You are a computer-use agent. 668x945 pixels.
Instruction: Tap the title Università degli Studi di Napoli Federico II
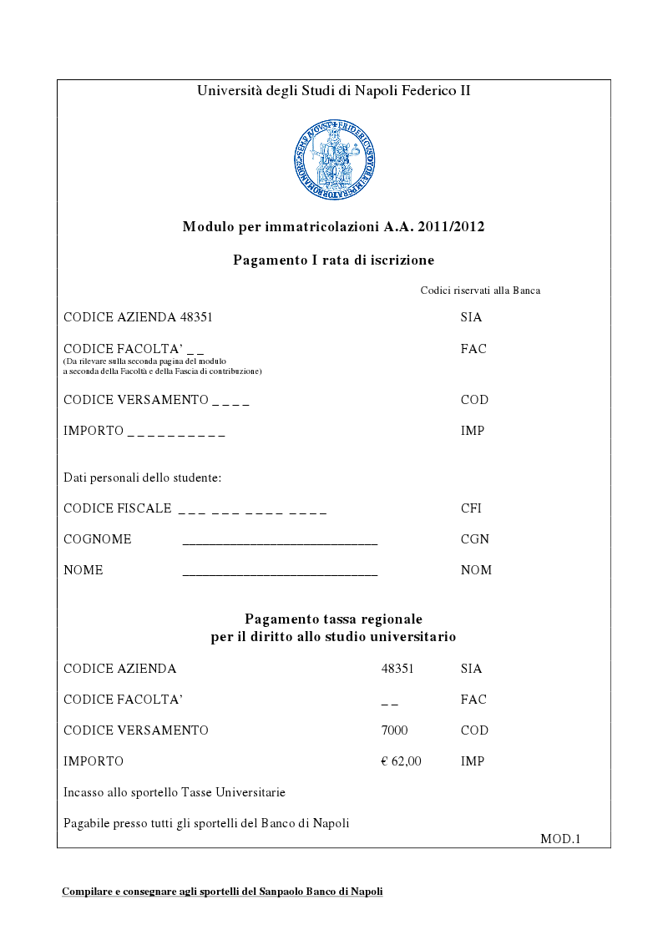point(333,90)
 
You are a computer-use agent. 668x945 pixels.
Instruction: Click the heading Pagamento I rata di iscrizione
point(333,260)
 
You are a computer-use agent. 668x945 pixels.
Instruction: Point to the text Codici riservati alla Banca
point(480,291)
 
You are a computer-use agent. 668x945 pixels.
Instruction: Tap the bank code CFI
point(471,508)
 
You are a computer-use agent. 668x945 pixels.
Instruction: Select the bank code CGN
point(474,539)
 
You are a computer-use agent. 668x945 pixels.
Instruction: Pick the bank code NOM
point(476,570)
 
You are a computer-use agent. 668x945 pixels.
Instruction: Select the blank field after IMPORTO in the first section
point(176,433)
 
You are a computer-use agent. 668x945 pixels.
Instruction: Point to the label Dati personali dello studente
point(142,478)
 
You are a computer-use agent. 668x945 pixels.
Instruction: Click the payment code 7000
point(394,730)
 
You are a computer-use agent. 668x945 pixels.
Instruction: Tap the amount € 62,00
point(401,761)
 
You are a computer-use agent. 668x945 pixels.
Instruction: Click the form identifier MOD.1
point(559,838)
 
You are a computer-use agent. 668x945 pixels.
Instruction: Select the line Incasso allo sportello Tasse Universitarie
point(175,791)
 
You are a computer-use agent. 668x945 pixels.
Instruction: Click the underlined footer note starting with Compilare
point(222,892)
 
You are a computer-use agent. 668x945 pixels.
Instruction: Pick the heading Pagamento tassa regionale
point(333,619)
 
